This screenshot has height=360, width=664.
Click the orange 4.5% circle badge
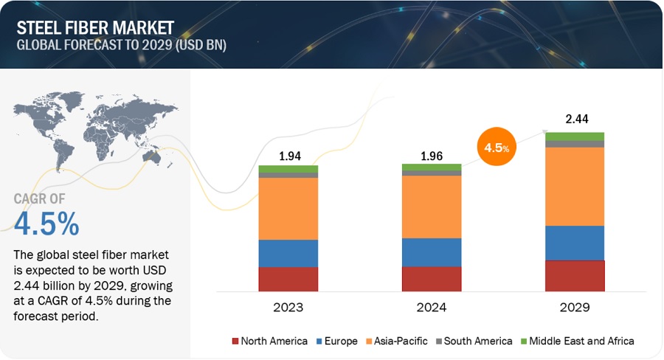click(x=495, y=147)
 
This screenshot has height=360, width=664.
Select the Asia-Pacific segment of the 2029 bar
click(x=575, y=186)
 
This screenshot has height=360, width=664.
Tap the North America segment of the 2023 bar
click(x=288, y=279)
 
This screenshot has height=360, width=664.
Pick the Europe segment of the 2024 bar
click(x=432, y=252)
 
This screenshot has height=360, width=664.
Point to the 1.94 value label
click(x=288, y=156)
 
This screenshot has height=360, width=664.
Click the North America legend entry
click(x=270, y=341)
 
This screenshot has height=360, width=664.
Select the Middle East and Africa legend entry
click(x=577, y=341)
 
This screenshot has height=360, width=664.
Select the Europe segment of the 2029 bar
click(x=575, y=243)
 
